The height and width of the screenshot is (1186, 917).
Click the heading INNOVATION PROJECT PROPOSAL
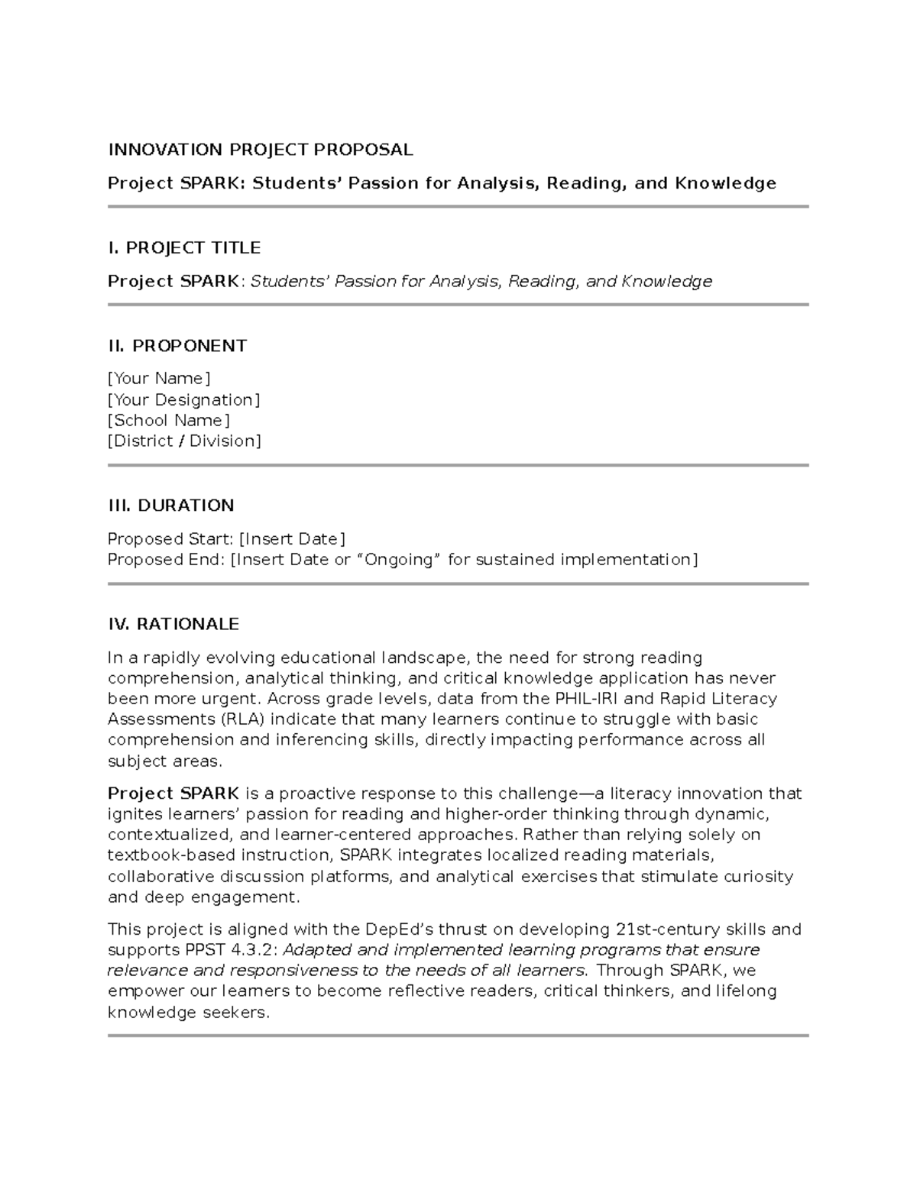click(260, 150)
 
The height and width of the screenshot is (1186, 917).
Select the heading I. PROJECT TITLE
click(184, 247)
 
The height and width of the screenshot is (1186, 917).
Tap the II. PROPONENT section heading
click(177, 346)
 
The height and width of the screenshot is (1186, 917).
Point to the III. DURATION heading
click(171, 506)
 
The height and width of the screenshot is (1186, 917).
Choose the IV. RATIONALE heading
click(173, 624)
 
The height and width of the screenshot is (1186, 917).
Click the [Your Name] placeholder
click(159, 379)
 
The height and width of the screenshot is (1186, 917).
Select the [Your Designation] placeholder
click(183, 399)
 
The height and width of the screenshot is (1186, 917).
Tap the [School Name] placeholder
click(168, 420)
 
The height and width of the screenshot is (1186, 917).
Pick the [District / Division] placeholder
click(184, 441)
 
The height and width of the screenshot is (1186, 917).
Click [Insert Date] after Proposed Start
click(292, 539)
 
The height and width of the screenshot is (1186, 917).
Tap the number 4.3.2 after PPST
click(250, 950)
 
